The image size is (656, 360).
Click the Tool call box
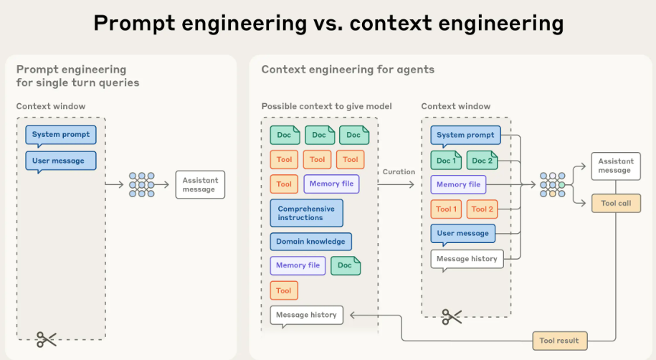pyautogui.click(x=616, y=203)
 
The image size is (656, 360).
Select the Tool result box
pyautogui.click(x=559, y=341)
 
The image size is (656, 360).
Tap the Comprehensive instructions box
pyautogui.click(x=306, y=213)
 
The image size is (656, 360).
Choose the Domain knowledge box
pyautogui.click(x=310, y=242)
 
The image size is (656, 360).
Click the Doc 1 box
pyautogui.click(x=446, y=161)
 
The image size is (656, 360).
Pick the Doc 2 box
pyautogui.click(x=482, y=161)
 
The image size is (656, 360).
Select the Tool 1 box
pyautogui.click(x=446, y=209)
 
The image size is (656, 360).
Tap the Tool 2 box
pyautogui.click(x=482, y=209)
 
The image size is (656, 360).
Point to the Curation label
pyautogui.click(x=399, y=171)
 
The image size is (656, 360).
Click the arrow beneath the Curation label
pyautogui.click(x=396, y=184)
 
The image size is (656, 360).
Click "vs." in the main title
pyautogui.click(x=328, y=23)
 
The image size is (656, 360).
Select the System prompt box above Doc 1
pyautogui.click(x=465, y=136)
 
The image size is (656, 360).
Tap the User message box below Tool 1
pyautogui.click(x=462, y=234)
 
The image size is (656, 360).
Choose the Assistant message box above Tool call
pyautogui.click(x=616, y=166)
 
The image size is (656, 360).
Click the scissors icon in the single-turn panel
pyautogui.click(x=46, y=339)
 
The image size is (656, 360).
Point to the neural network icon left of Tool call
pyautogui.click(x=553, y=184)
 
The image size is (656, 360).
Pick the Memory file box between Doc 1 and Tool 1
pyautogui.click(x=458, y=184)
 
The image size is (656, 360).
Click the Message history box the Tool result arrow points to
pyautogui.click(x=306, y=316)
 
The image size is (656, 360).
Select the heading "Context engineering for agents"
pyautogui.click(x=348, y=70)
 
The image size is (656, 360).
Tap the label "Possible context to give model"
pyautogui.click(x=326, y=106)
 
